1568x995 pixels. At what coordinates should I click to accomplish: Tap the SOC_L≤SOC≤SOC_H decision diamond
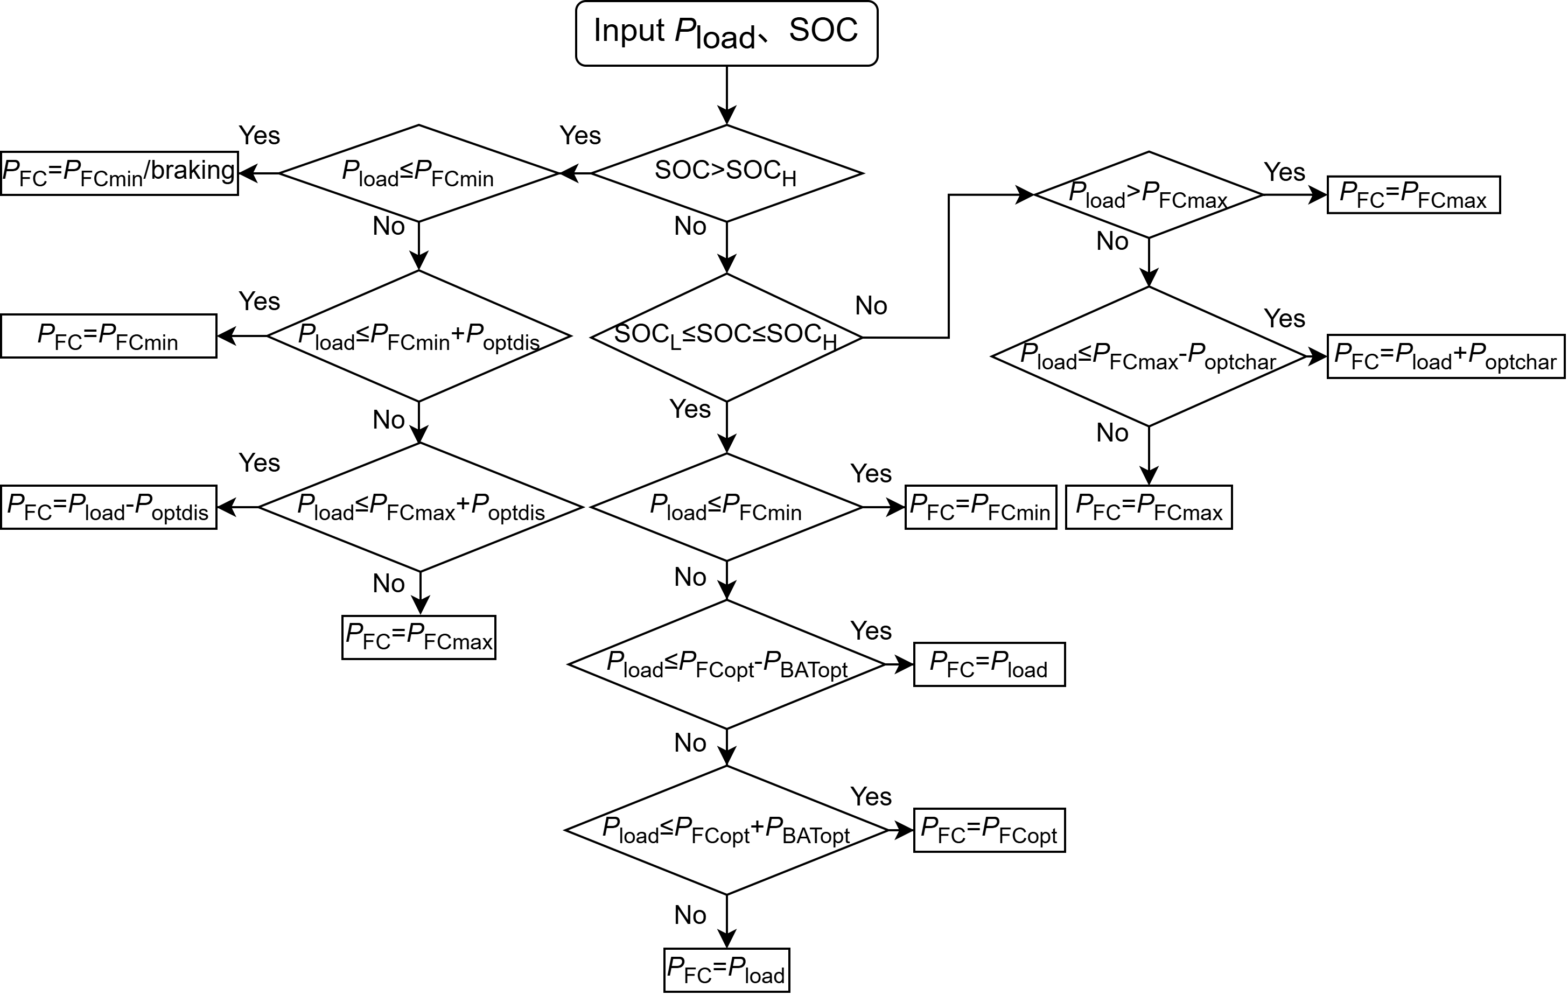[x=726, y=337]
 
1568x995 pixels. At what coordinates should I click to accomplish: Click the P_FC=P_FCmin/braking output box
[x=119, y=173]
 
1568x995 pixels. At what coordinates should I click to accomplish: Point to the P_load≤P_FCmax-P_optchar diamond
[x=1148, y=356]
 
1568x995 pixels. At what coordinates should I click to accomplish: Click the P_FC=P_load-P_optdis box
[x=108, y=507]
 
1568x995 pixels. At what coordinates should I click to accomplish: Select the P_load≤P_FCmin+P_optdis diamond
[x=419, y=336]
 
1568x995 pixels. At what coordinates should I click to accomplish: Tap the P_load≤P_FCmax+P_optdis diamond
[x=420, y=507]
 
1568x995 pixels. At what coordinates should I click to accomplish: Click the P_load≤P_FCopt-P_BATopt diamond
[x=726, y=664]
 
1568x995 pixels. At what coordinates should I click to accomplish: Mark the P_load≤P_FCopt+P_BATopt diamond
[x=726, y=830]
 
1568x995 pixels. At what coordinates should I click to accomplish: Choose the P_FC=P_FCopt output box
[x=989, y=830]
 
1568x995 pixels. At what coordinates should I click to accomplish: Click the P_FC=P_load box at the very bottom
[x=726, y=970]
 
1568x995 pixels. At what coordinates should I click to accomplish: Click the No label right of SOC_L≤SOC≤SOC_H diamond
[x=871, y=305]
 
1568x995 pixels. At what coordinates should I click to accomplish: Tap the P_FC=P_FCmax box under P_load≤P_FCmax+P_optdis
[x=419, y=637]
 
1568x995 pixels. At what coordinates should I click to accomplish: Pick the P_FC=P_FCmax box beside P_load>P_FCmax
[x=1413, y=195]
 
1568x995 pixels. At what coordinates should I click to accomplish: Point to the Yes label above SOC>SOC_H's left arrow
[x=579, y=136]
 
